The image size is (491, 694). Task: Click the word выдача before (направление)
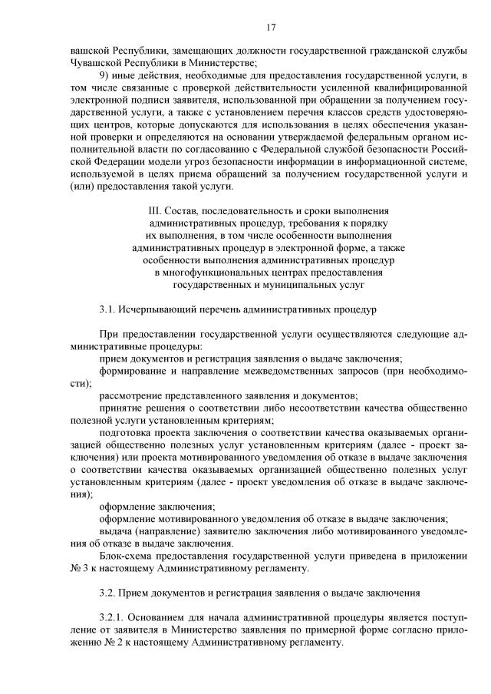[116, 530]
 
